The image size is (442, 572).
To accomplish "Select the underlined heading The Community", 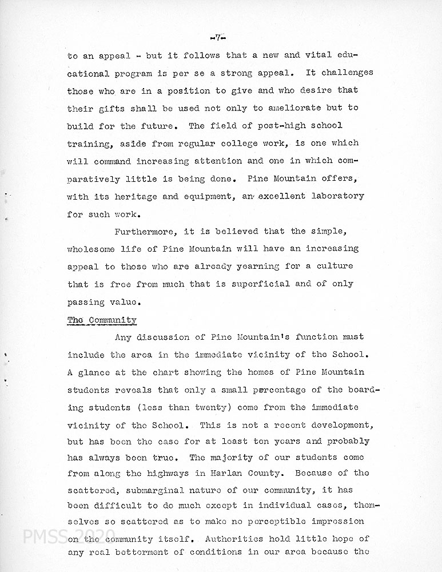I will [x=102, y=320].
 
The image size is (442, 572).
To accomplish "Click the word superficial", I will [x=258, y=284].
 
